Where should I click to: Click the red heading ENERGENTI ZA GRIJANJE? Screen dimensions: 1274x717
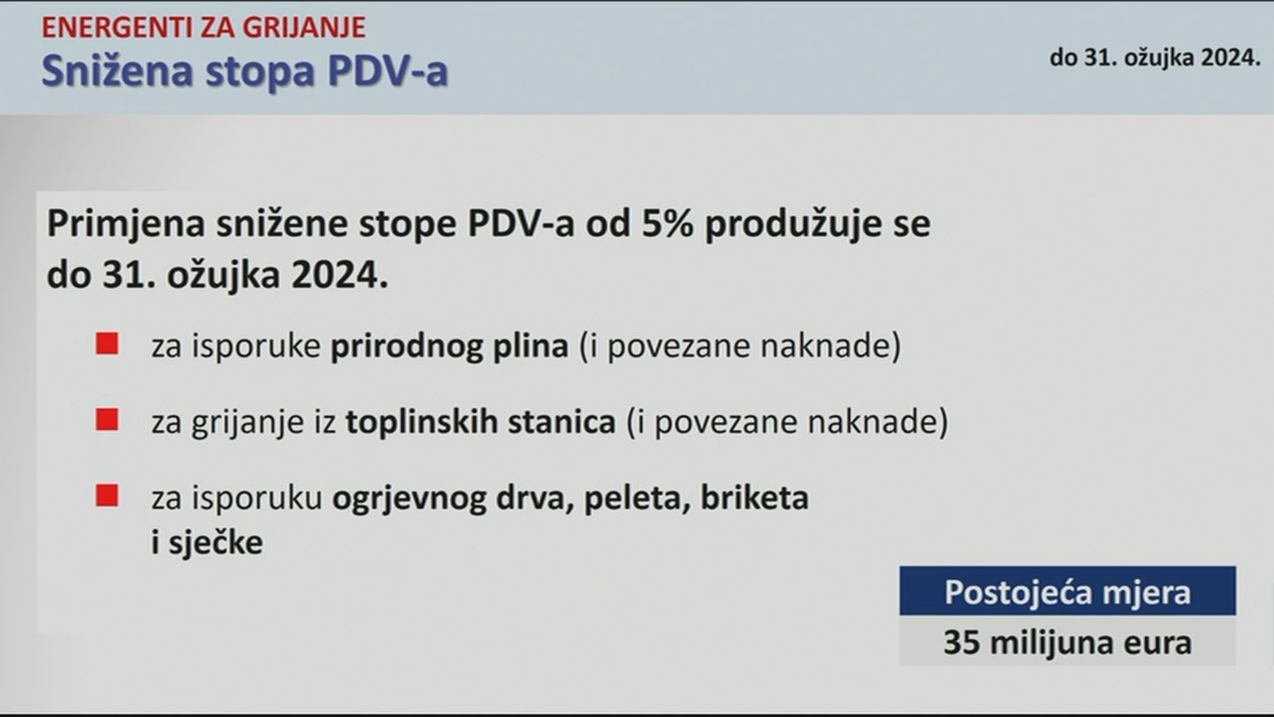click(x=203, y=27)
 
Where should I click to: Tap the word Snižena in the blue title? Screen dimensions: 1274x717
click(x=118, y=71)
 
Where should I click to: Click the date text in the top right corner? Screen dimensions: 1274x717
click(x=1155, y=57)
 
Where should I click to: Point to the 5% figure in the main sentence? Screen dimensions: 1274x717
click(x=668, y=223)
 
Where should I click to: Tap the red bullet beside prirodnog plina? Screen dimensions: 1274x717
click(x=107, y=344)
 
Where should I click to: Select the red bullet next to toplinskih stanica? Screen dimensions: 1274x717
click(x=107, y=419)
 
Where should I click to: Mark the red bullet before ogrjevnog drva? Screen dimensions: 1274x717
click(x=107, y=495)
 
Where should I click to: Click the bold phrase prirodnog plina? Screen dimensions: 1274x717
click(x=450, y=346)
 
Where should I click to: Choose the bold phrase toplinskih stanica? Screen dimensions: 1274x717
click(x=480, y=422)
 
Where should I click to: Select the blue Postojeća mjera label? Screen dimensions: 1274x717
click(x=1067, y=592)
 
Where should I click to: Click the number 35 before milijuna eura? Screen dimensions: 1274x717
click(x=961, y=642)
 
